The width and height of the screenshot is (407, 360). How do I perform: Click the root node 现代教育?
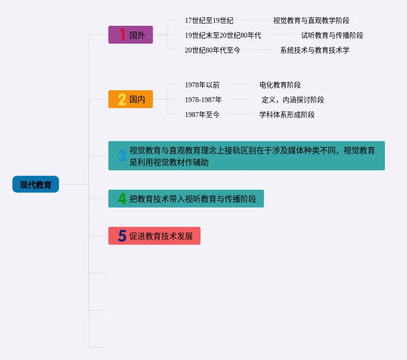(x=36, y=184)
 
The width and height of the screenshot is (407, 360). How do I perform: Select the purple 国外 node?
(x=131, y=35)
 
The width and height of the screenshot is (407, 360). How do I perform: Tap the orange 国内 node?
(x=131, y=99)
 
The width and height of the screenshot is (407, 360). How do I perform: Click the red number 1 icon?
(x=122, y=35)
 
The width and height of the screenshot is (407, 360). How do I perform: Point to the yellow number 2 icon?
(x=122, y=99)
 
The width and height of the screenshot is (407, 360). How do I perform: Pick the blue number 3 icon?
(x=122, y=156)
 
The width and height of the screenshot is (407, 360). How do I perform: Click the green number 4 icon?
(x=122, y=199)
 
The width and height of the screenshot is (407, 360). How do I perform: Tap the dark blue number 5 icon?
(x=122, y=236)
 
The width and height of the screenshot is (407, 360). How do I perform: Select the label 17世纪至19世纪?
(x=209, y=20)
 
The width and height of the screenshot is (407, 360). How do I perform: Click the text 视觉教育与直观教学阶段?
(x=311, y=20)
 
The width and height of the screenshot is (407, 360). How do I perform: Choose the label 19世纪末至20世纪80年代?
(x=223, y=35)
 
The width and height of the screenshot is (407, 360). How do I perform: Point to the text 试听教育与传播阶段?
(x=332, y=35)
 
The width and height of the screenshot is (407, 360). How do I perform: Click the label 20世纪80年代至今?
(x=212, y=50)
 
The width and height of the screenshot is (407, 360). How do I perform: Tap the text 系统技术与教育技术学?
(x=314, y=50)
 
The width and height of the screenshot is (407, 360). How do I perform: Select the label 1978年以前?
(x=202, y=85)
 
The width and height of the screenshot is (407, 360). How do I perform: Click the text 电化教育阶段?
(x=280, y=85)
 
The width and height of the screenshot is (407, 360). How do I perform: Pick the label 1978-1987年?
(x=203, y=100)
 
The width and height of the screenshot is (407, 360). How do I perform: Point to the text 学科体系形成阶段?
(x=287, y=115)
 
